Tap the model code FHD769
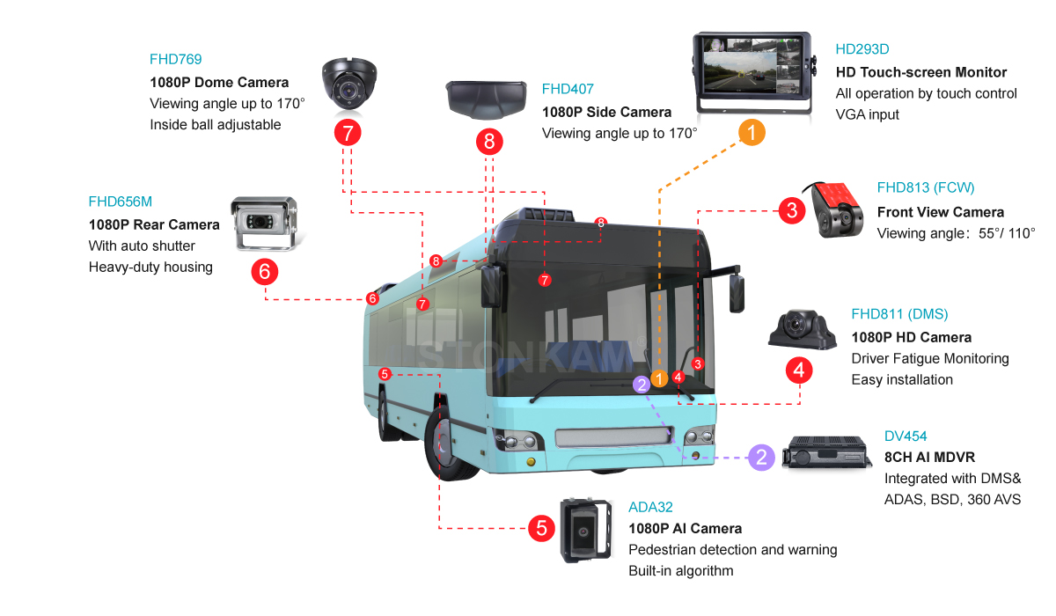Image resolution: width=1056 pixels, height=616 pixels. (x=175, y=60)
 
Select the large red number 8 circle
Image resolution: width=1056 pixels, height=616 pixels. (x=489, y=141)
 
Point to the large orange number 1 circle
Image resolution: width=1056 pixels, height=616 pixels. (x=751, y=133)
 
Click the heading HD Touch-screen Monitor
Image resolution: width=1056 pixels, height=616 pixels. (x=920, y=72)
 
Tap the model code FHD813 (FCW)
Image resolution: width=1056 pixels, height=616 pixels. (x=926, y=187)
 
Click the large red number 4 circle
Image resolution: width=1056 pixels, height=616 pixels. (x=799, y=370)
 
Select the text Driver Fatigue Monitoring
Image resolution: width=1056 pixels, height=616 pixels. (x=930, y=358)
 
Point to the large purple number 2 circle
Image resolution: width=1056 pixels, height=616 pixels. (x=761, y=457)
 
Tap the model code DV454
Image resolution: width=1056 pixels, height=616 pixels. (x=906, y=436)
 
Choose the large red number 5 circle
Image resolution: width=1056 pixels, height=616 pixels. (x=541, y=529)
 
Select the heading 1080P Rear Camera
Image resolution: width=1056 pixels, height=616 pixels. (x=154, y=224)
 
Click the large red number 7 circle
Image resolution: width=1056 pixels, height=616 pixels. (x=348, y=133)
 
